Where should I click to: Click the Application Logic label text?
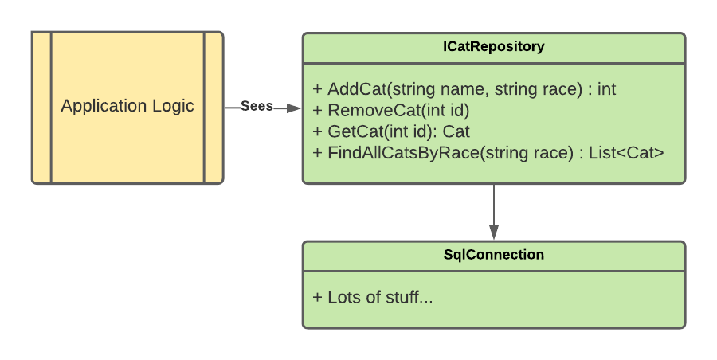(127, 106)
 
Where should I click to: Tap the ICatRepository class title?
(493, 46)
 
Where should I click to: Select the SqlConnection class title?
(494, 254)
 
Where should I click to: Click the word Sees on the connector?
(257, 106)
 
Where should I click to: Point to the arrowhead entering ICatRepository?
(293, 108)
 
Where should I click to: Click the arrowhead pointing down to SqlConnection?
(494, 232)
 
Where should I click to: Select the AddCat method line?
(464, 88)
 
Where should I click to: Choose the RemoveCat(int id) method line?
(391, 110)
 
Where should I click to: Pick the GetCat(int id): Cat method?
(391, 131)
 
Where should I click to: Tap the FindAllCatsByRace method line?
(488, 152)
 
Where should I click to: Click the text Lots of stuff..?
(380, 297)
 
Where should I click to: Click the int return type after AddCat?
(607, 88)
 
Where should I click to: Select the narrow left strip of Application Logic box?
(41, 108)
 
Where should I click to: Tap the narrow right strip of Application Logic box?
(214, 108)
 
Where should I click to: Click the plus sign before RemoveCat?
(317, 111)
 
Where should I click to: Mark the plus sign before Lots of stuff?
(317, 297)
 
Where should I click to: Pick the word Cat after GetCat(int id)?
(456, 131)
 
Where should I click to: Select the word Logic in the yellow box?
(174, 107)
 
